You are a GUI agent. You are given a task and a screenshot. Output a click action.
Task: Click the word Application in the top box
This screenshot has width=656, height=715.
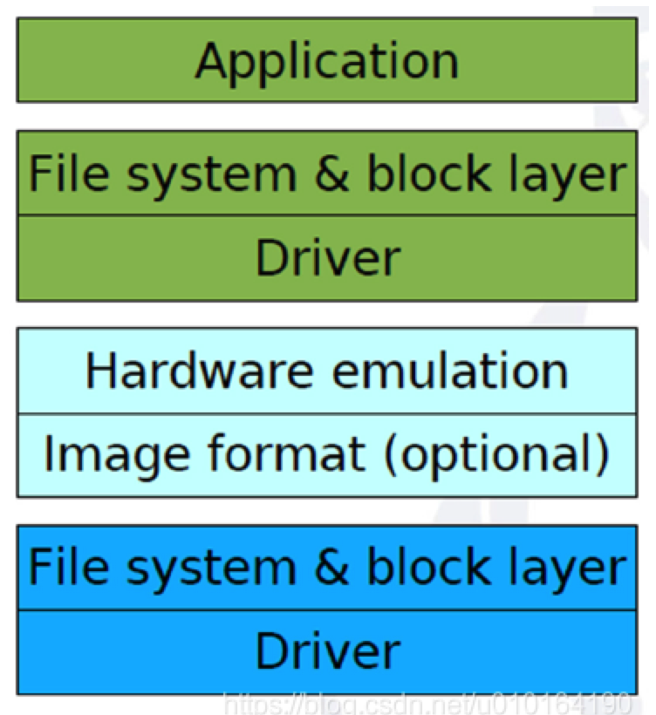pos(327,61)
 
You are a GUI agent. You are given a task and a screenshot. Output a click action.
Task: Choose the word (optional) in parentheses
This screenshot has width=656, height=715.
pos(494,454)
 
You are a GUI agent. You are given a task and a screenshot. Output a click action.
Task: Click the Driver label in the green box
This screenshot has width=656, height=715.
pos(327,258)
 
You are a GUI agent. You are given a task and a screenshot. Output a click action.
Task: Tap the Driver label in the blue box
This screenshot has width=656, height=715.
pos(327,651)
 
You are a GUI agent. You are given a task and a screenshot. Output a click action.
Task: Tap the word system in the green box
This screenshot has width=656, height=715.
pos(209,175)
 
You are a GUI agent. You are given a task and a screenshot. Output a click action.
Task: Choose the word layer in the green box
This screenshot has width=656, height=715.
pos(569,175)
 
